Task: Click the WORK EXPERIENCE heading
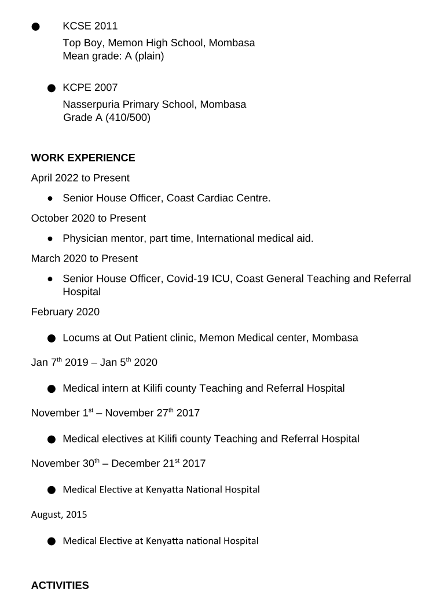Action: [x=83, y=158]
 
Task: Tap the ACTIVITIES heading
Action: [x=60, y=586]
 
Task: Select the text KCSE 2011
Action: [x=90, y=26]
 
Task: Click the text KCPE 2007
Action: [x=90, y=88]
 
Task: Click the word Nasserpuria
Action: [x=91, y=105]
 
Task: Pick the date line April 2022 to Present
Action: [x=80, y=178]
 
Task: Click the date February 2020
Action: [x=65, y=312]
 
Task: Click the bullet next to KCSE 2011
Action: [x=36, y=27]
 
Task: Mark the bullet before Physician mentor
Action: [x=50, y=238]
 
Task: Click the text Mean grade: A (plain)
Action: [x=113, y=57]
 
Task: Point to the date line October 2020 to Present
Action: [x=88, y=218]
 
